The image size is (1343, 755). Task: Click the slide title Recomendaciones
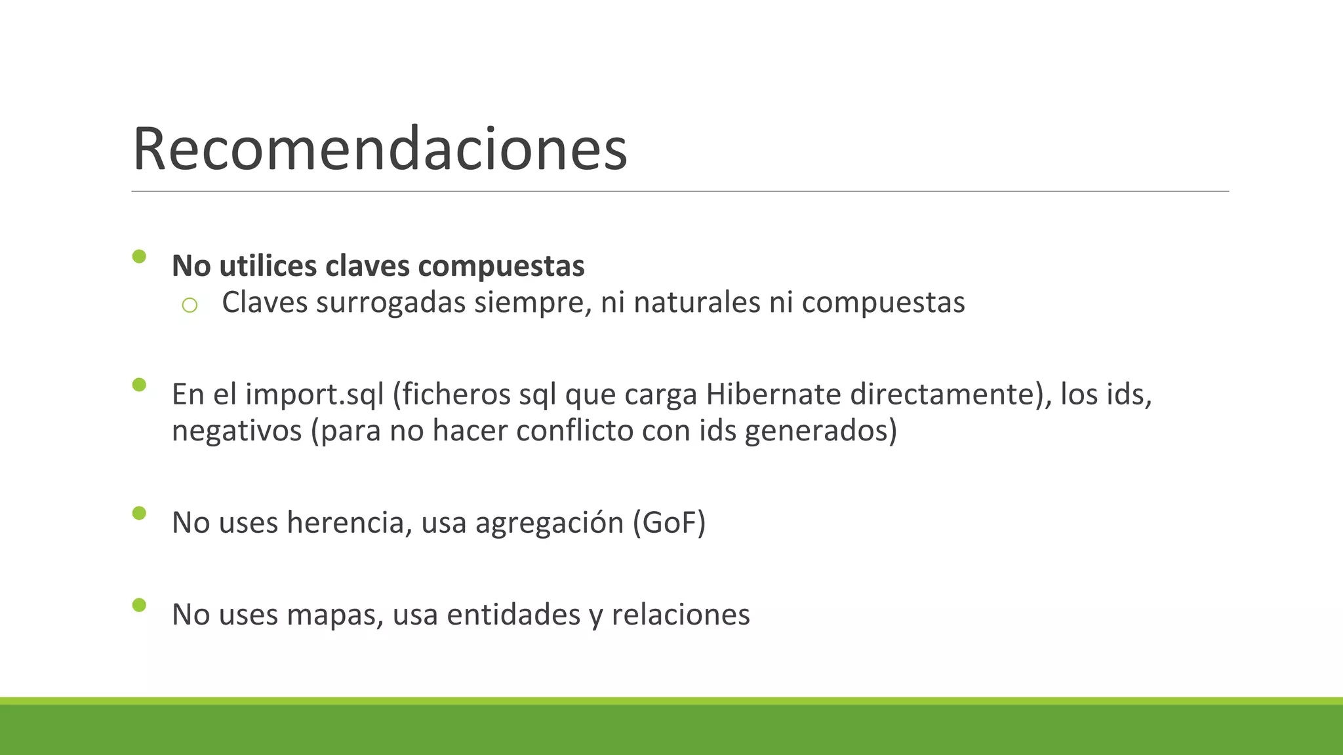pyautogui.click(x=380, y=149)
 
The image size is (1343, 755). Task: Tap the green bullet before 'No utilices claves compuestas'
pyautogui.click(x=139, y=256)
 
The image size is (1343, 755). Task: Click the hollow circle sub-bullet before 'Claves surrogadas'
pyautogui.click(x=190, y=305)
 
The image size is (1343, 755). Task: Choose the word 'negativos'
pyautogui.click(x=237, y=431)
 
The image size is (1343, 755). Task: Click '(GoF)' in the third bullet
pyautogui.click(x=669, y=523)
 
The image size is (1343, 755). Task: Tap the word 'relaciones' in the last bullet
pyautogui.click(x=680, y=615)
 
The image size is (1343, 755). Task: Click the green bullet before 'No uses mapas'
pyautogui.click(x=139, y=605)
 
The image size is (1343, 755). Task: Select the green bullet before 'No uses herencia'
pyautogui.click(x=139, y=513)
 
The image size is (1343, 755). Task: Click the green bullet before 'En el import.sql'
pyautogui.click(x=139, y=385)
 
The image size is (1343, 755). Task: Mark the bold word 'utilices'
pyautogui.click(x=268, y=266)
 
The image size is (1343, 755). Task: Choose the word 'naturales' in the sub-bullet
pyautogui.click(x=697, y=303)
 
